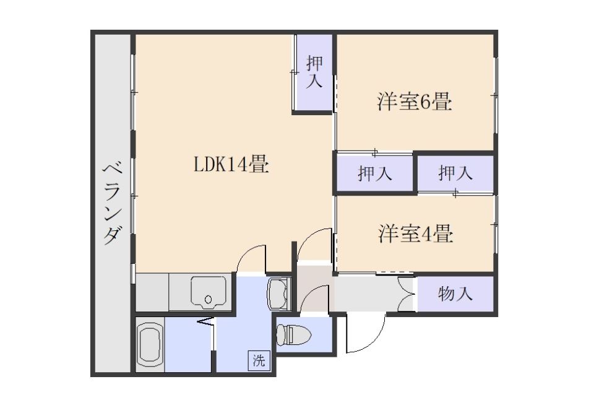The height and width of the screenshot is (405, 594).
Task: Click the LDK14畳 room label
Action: [231, 165]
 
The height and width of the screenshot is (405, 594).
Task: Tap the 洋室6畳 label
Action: [415, 102]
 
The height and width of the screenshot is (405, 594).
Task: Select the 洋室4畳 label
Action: [416, 233]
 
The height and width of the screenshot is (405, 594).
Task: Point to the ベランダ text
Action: [113, 204]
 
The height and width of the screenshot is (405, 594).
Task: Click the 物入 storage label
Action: [455, 294]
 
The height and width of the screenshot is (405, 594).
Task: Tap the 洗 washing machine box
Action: [259, 360]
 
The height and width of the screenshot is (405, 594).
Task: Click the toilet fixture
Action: [293, 334]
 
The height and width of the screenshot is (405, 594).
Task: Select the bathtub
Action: [150, 344]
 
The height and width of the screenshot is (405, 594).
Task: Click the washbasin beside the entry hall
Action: [278, 294]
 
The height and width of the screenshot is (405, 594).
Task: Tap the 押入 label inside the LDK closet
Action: [314, 72]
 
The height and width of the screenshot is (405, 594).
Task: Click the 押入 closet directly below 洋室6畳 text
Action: [375, 173]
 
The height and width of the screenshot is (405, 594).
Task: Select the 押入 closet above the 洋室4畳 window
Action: [455, 173]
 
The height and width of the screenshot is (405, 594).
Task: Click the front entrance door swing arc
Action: [374, 342]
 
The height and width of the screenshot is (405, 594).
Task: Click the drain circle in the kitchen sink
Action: [208, 299]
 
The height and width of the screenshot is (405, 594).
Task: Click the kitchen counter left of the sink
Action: [152, 292]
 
